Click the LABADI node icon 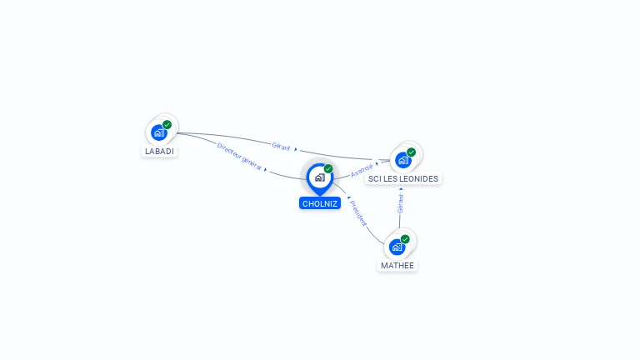158,132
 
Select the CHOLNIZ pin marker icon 319,177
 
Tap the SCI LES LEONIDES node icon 403,160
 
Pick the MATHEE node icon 397,247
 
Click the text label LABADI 159,152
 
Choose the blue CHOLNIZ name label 320,203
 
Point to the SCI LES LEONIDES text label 403,178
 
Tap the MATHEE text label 397,266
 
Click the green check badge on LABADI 167,124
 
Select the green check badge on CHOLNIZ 328,168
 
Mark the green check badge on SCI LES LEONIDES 412,152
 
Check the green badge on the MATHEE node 406,239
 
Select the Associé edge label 362,170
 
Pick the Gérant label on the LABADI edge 281,146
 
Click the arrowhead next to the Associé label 377,163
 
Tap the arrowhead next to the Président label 348,198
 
